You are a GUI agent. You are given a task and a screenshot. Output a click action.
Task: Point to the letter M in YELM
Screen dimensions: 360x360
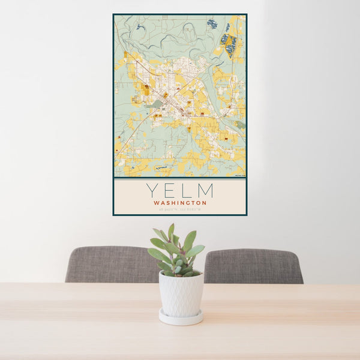(205, 191)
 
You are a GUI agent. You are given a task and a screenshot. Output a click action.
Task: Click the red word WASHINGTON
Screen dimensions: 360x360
(179, 203)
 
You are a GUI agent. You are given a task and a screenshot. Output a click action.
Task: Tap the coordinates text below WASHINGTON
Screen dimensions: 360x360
(179, 209)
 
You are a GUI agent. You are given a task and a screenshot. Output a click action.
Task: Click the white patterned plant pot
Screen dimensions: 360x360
(181, 294)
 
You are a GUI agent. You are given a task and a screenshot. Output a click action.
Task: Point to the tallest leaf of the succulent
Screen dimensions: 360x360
(171, 230)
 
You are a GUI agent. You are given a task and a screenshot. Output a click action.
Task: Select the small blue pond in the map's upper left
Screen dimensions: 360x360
(139, 26)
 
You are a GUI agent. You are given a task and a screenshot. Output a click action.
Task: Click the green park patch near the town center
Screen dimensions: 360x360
(157, 103)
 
